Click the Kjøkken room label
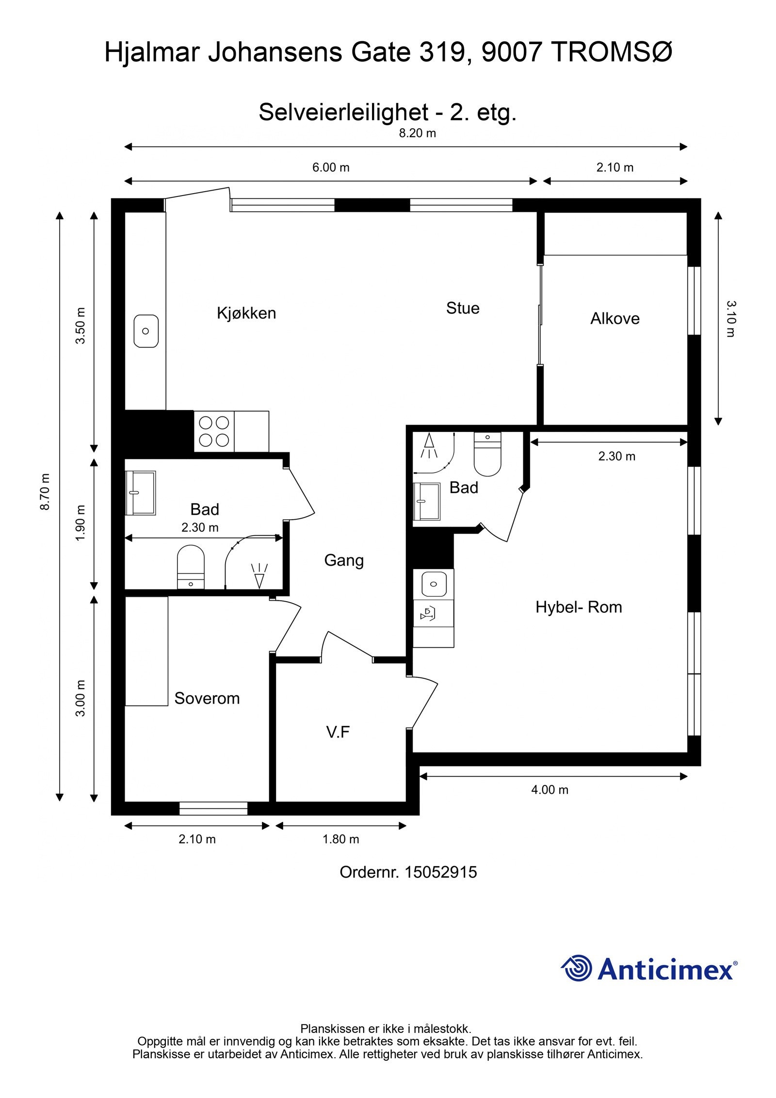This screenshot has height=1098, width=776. (x=246, y=313)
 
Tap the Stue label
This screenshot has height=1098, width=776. (x=463, y=308)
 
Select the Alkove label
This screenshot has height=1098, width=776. (x=614, y=319)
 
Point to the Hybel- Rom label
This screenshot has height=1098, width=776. (x=579, y=607)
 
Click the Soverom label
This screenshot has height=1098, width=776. (x=207, y=698)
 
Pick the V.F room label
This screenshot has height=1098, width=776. (x=338, y=732)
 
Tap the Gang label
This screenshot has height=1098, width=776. (x=344, y=561)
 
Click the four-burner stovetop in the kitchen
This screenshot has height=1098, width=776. (x=214, y=431)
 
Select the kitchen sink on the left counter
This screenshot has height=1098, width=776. (x=146, y=331)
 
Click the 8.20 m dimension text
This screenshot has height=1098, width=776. (x=417, y=133)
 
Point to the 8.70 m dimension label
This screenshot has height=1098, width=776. (x=45, y=492)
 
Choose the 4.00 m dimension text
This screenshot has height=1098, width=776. (x=550, y=790)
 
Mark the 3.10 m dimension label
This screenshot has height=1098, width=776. (x=731, y=319)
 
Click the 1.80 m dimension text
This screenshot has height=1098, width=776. (x=341, y=839)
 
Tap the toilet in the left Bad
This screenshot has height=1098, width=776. (x=191, y=567)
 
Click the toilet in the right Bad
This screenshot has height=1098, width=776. (x=487, y=454)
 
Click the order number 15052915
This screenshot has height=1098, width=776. (x=441, y=872)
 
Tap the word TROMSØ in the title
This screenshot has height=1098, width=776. (x=613, y=52)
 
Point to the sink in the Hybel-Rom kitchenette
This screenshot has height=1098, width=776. (x=434, y=584)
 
